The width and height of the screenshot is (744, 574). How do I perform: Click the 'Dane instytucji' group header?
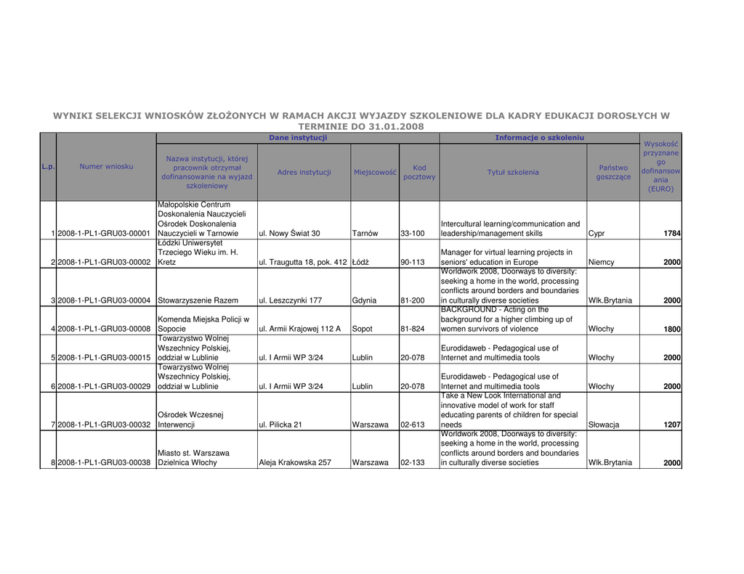[298, 137]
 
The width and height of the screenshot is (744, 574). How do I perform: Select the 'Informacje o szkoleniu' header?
[539, 137]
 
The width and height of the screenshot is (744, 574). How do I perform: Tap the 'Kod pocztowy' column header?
[419, 172]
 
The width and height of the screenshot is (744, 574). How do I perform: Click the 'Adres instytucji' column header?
[304, 172]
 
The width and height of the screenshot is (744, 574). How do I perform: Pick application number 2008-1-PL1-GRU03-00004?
[104, 300]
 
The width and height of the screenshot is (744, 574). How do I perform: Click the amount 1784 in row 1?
[671, 234]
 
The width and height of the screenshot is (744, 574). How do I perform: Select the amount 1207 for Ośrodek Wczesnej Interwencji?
[671, 425]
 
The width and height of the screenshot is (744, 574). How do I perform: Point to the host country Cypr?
[597, 234]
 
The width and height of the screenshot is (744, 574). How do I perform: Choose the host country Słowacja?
[604, 425]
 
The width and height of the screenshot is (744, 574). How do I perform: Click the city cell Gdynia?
[364, 300]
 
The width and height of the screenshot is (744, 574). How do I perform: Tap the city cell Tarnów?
[365, 234]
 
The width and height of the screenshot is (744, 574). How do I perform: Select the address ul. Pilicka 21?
[280, 425]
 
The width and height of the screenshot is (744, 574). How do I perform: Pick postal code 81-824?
[412, 329]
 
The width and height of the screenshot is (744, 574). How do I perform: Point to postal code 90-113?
[412, 262]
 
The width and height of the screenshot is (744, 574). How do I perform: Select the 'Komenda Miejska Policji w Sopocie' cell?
[203, 324]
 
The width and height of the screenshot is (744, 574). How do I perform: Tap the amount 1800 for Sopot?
[671, 329]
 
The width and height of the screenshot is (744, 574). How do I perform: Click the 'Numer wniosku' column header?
[106, 166]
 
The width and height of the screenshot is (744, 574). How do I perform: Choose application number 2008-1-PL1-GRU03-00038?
[104, 463]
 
